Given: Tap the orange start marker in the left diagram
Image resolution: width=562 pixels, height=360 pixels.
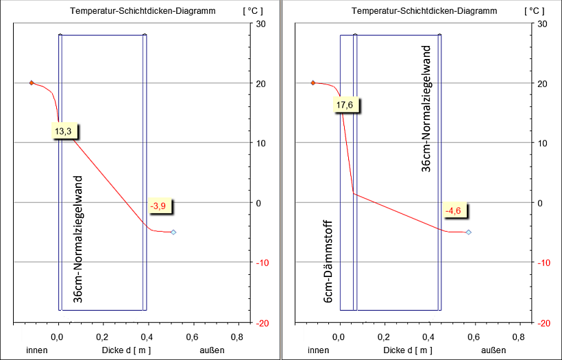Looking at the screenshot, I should pos(32,83).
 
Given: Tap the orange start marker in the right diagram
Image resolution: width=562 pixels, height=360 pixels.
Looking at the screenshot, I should pos(313,83).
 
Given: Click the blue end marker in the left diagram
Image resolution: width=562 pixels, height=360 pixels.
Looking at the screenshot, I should pos(173,232).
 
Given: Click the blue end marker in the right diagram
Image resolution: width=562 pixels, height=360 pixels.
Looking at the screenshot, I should pos(468,232).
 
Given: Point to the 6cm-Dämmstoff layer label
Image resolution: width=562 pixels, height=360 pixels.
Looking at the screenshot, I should pos(328,262).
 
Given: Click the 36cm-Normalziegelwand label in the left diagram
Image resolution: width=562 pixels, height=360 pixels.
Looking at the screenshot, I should pos(78,239).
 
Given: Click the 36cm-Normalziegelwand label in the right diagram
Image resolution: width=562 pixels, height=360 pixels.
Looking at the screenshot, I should pos(426,108).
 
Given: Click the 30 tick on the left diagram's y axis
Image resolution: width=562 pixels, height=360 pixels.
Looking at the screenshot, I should pos(260,24).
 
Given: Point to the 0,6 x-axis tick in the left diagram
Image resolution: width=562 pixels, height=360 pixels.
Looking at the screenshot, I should pos(191,337).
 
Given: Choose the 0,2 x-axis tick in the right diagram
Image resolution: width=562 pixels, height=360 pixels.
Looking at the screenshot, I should pos(384,337).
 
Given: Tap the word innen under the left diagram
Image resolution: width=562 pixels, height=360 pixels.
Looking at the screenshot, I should pos(38,350).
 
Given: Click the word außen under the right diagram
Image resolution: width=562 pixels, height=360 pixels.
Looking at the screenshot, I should pos(493,350).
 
